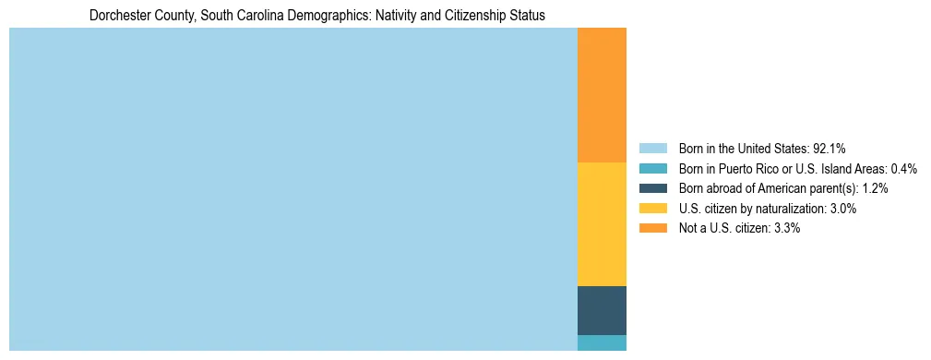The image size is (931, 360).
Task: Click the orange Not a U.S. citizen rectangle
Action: pyautogui.click(x=602, y=95)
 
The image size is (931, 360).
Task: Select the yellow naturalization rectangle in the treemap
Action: pyautogui.click(x=602, y=224)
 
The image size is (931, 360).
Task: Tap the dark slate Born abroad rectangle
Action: pyautogui.click(x=602, y=310)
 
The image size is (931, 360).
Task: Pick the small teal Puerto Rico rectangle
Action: pyautogui.click(x=602, y=342)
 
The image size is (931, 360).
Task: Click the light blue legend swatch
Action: pyautogui.click(x=652, y=149)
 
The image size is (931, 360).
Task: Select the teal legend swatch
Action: pyautogui.click(x=652, y=169)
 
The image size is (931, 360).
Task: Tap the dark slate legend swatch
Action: pyautogui.click(x=652, y=188)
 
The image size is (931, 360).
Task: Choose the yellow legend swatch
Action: pyautogui.click(x=652, y=209)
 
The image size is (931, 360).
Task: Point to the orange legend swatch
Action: pyautogui.click(x=652, y=228)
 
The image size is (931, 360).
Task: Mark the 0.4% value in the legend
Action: pyautogui.click(x=903, y=169)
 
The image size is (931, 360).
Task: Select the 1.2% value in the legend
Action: pyautogui.click(x=876, y=188)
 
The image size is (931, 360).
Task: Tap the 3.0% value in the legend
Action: pyautogui.click(x=843, y=209)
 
